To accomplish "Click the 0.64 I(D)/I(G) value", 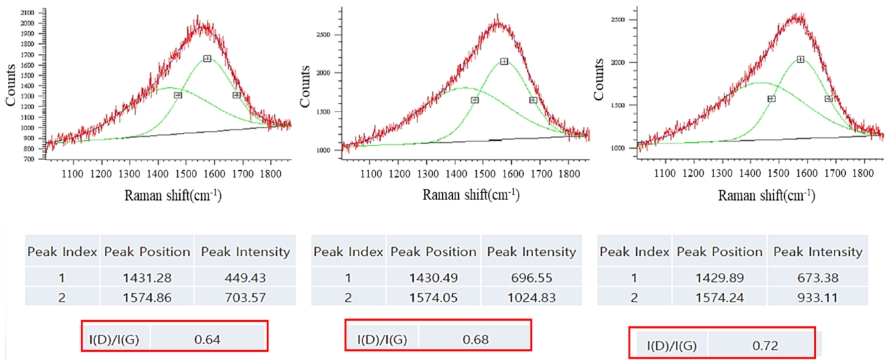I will (207, 339).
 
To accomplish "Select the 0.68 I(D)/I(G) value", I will (476, 339).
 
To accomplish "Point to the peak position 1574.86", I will (147, 297).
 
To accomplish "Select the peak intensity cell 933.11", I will (818, 297).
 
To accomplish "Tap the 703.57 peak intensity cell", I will (245, 297).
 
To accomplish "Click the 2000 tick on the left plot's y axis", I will (29, 23).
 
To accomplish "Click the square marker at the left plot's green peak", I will (207, 59).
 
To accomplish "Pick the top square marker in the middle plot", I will (504, 61).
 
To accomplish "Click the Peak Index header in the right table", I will (634, 252).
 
